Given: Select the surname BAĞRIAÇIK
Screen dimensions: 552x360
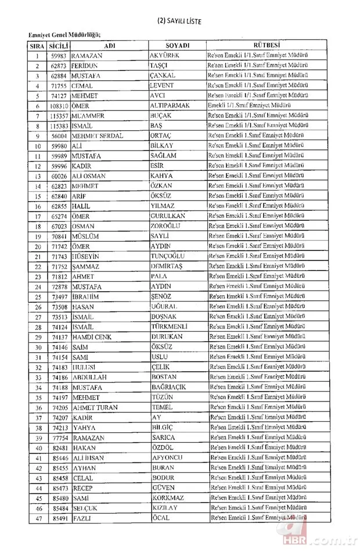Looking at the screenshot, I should [170, 387].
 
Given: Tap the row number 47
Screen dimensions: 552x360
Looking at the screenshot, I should [37, 517].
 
